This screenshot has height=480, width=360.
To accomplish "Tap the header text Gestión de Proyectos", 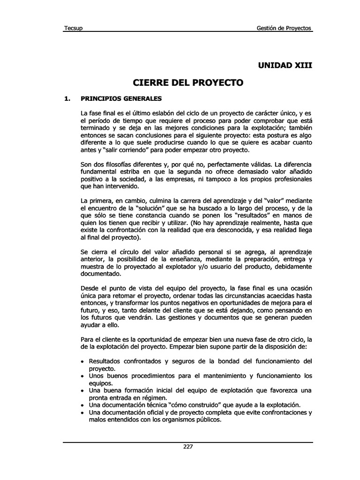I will click(284, 28).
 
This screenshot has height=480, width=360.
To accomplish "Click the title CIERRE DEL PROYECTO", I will click(188, 83).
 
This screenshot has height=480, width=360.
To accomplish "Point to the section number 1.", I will click(67, 99).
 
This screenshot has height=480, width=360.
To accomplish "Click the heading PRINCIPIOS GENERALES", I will click(121, 99).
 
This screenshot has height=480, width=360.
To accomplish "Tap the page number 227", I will click(188, 446).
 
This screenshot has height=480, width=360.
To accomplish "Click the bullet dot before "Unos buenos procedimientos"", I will click(83, 376).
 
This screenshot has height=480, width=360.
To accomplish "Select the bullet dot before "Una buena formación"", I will click(83, 390).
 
